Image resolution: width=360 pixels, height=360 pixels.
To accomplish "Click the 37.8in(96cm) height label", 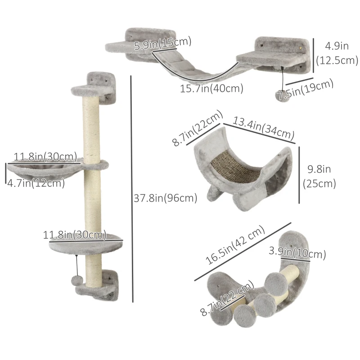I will click(x=165, y=198).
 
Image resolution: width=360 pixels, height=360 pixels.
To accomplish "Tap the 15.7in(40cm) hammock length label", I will click(x=211, y=89).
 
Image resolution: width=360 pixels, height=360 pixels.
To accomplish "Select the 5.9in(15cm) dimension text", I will click(x=163, y=43).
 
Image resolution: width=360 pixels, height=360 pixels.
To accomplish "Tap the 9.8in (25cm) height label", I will click(x=321, y=176).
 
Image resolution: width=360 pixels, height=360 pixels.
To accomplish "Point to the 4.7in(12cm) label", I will click(x=36, y=183).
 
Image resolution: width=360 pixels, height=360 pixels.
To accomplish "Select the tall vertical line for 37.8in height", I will click(x=131, y=189).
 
